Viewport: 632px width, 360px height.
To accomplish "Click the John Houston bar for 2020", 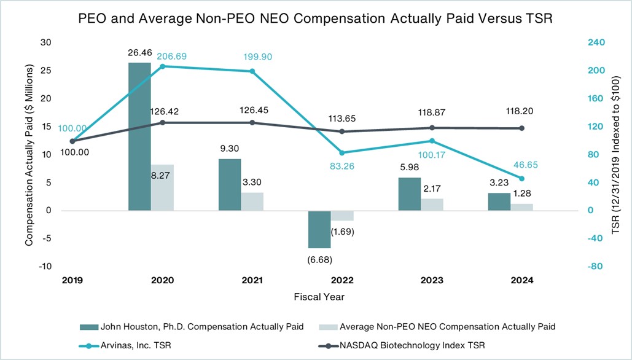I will tap(139, 136).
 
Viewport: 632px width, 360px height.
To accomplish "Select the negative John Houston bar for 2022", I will tap(319, 229).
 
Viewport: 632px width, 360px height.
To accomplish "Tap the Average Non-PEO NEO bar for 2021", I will tap(252, 202).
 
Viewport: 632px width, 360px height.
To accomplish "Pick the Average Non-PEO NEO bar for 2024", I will tap(522, 207).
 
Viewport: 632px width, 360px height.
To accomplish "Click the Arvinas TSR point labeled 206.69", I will tap(162, 66).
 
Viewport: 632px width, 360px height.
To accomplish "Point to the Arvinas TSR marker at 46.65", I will tap(522, 178).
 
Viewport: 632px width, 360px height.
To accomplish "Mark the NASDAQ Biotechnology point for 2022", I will tap(342, 131).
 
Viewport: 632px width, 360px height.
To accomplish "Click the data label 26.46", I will tap(139, 52).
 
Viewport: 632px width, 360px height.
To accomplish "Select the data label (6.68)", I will tap(319, 259).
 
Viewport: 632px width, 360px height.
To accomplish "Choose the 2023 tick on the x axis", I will tap(432, 280).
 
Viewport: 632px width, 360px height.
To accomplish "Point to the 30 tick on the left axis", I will tap(45, 42).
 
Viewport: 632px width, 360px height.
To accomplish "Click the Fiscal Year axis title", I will tap(319, 297).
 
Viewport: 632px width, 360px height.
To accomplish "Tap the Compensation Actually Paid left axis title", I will tap(28, 154).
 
